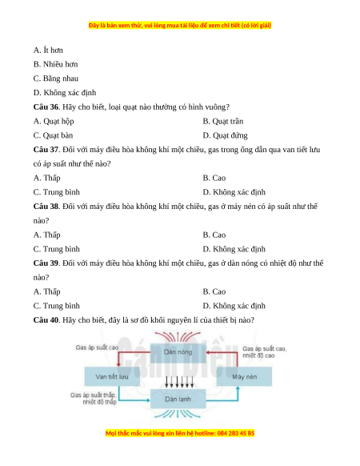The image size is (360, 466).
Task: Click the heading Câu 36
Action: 46,107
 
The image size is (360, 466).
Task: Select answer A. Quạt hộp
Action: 54,121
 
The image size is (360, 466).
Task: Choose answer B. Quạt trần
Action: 223,121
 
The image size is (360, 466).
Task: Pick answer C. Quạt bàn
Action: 53,135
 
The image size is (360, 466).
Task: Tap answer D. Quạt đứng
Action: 225,135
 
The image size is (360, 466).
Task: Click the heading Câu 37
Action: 46,150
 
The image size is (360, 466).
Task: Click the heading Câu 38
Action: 46,207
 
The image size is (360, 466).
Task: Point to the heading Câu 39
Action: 46,263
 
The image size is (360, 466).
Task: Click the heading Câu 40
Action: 46,320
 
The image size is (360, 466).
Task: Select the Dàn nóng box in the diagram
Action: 178,352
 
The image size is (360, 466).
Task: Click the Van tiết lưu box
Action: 112,376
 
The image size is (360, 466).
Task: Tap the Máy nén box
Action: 244,376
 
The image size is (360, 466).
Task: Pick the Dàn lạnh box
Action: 178,399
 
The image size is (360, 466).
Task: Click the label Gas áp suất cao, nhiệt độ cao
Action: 264,352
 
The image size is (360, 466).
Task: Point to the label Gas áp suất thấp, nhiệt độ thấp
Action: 93,399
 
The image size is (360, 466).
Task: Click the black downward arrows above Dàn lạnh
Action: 179,382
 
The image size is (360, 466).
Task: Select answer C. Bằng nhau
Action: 56,78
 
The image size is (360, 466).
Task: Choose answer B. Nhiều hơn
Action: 55,64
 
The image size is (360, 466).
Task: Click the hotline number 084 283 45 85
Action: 236,433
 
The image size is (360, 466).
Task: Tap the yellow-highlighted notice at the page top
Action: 180,26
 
